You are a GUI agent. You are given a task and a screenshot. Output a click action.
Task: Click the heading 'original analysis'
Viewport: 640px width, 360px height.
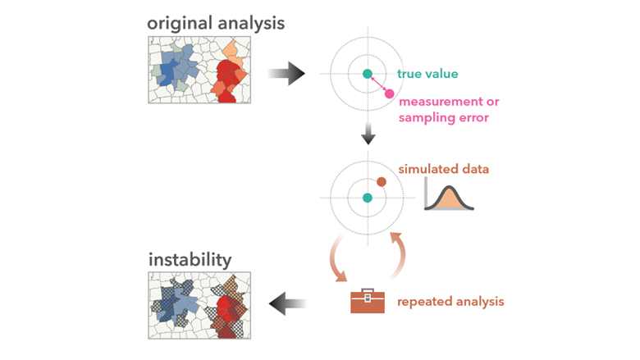216,22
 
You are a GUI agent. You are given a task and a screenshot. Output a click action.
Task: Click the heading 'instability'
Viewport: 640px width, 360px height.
190,260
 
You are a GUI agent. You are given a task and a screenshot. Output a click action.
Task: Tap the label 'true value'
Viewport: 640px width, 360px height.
427,74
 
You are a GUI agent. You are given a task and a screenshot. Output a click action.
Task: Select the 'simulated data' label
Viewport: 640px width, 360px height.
443,169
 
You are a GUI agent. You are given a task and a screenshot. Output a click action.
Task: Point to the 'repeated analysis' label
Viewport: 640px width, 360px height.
450,302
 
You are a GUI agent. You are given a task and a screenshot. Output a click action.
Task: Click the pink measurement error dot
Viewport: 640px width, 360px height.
389,93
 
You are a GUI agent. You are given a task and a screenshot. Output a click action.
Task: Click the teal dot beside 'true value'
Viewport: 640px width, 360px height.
368,74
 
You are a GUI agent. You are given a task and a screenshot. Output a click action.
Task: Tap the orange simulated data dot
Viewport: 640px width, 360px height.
382,181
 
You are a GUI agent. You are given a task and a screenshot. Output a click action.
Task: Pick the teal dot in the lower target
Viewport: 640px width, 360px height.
368,198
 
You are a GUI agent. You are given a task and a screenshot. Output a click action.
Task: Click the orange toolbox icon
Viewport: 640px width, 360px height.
367,301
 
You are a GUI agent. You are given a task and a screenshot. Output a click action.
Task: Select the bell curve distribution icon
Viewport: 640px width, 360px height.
449,197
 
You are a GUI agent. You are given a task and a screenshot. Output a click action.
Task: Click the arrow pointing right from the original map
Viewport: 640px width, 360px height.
286,75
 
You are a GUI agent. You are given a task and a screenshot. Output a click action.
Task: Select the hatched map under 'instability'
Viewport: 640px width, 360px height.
199,305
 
